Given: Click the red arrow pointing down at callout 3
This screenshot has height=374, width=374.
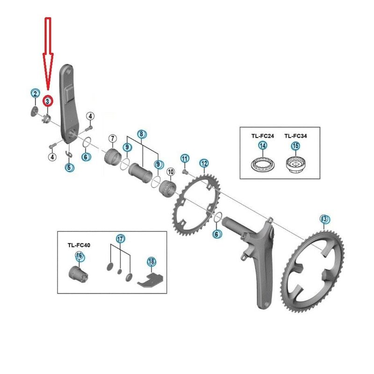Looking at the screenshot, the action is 48,54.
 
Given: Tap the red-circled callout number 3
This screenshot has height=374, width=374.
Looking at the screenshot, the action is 48,101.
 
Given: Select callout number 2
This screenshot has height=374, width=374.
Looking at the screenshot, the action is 36,93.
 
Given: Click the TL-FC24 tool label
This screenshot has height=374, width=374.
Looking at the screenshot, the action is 263,136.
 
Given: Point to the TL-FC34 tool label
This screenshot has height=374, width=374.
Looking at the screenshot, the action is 295,136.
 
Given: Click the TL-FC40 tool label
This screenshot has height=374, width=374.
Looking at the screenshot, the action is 79,245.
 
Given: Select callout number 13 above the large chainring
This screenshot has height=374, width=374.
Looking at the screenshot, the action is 324,219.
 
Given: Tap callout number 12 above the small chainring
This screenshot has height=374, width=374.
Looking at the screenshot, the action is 204,163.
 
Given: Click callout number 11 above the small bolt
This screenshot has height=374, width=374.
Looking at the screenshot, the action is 185,158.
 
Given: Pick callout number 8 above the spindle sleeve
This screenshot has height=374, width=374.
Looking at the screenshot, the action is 142,134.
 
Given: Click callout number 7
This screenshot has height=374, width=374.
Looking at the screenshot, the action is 113,138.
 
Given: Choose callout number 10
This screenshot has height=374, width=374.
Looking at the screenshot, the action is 171,172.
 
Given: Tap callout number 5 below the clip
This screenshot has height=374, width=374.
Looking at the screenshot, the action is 69,167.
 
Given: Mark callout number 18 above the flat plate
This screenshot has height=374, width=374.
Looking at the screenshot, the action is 151,262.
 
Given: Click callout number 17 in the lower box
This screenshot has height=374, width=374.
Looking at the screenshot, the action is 121,238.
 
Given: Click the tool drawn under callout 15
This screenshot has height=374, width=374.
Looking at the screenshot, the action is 295,165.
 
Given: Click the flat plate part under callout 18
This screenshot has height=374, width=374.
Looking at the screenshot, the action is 150,280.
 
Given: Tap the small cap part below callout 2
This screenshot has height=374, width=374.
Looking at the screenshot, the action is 34,111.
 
